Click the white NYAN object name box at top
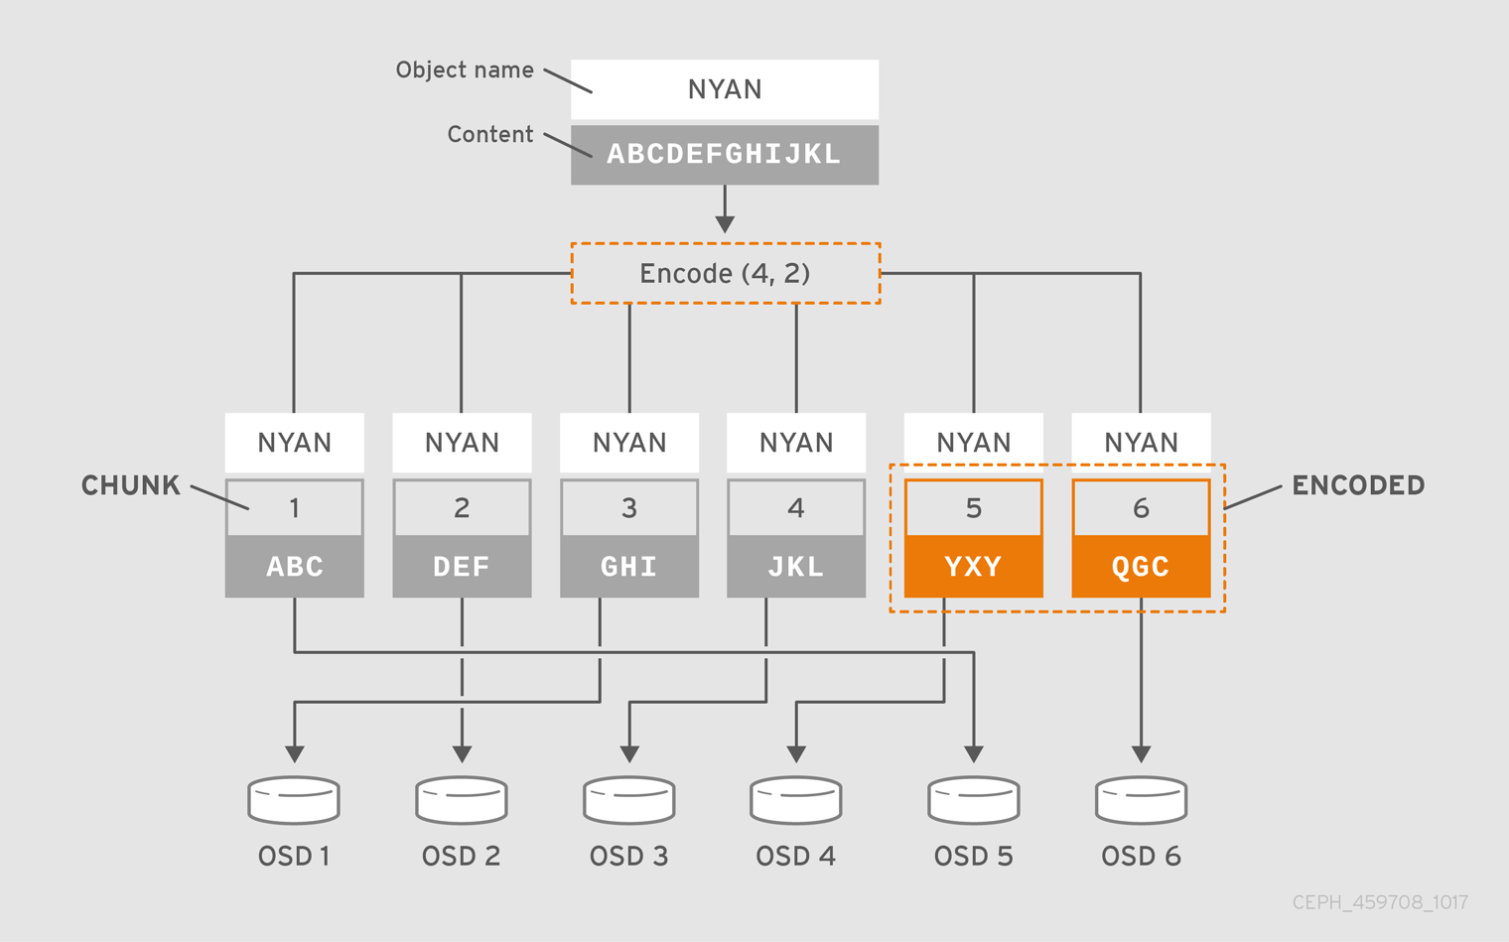pyautogui.click(x=725, y=89)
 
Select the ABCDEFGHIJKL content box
pyautogui.click(x=725, y=155)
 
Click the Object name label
pyautogui.click(x=465, y=70)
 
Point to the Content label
pyautogui.click(x=490, y=135)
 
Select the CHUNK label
pyautogui.click(x=130, y=485)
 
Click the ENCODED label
pyautogui.click(x=1358, y=485)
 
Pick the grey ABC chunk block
pyautogui.click(x=295, y=567)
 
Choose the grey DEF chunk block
pyautogui.click(x=462, y=567)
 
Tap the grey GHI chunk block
pyautogui.click(x=629, y=567)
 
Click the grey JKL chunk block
pyautogui.click(x=796, y=567)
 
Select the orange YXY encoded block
pyautogui.click(x=974, y=567)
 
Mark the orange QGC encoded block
pyautogui.click(x=1141, y=567)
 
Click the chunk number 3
pyautogui.click(x=629, y=508)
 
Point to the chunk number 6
pyautogui.click(x=1141, y=508)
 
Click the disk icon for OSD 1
pyautogui.click(x=294, y=800)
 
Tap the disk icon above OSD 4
pyautogui.click(x=796, y=800)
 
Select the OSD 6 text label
pyautogui.click(x=1141, y=857)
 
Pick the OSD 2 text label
pyautogui.click(x=462, y=857)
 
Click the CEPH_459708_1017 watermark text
pyautogui.click(x=1380, y=902)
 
